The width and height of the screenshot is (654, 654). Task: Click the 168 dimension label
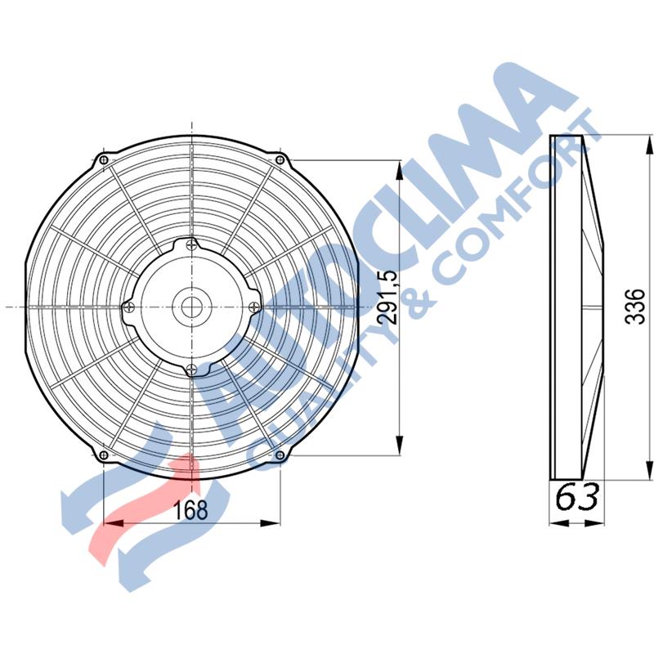[190, 509]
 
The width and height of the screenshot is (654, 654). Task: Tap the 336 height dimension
[635, 307]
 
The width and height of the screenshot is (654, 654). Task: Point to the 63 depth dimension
[577, 496]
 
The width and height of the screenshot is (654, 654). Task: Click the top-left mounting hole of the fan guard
[105, 159]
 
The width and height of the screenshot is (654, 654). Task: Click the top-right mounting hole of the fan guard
[280, 159]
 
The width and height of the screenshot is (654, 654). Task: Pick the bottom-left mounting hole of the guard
[105, 455]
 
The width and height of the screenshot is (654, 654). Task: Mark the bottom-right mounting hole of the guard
[280, 455]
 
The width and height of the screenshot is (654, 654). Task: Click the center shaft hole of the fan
[192, 307]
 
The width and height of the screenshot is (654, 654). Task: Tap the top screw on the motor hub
[191, 245]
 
